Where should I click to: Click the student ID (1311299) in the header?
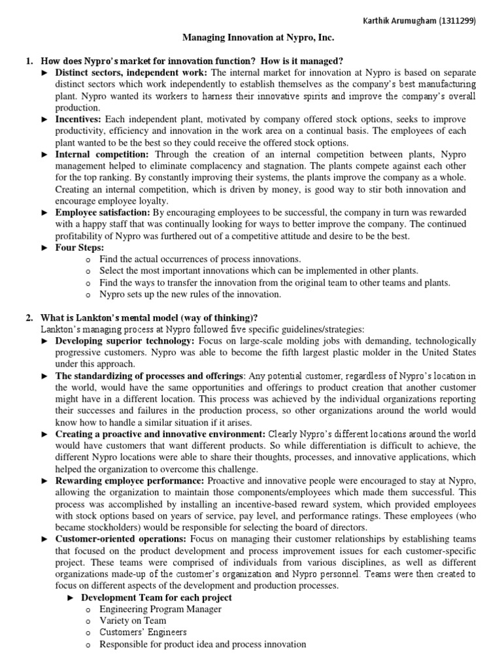[457, 20]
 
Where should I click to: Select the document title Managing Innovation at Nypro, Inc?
[250, 40]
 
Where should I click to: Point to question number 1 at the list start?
[29, 61]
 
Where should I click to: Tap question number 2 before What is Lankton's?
[29, 317]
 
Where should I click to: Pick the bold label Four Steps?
[80, 248]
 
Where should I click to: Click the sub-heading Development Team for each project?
[156, 597]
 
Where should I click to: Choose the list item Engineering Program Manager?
[160, 609]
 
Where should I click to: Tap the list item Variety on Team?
[133, 621]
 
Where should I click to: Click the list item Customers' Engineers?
[143, 632]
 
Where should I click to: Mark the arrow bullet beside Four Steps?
[45, 248]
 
